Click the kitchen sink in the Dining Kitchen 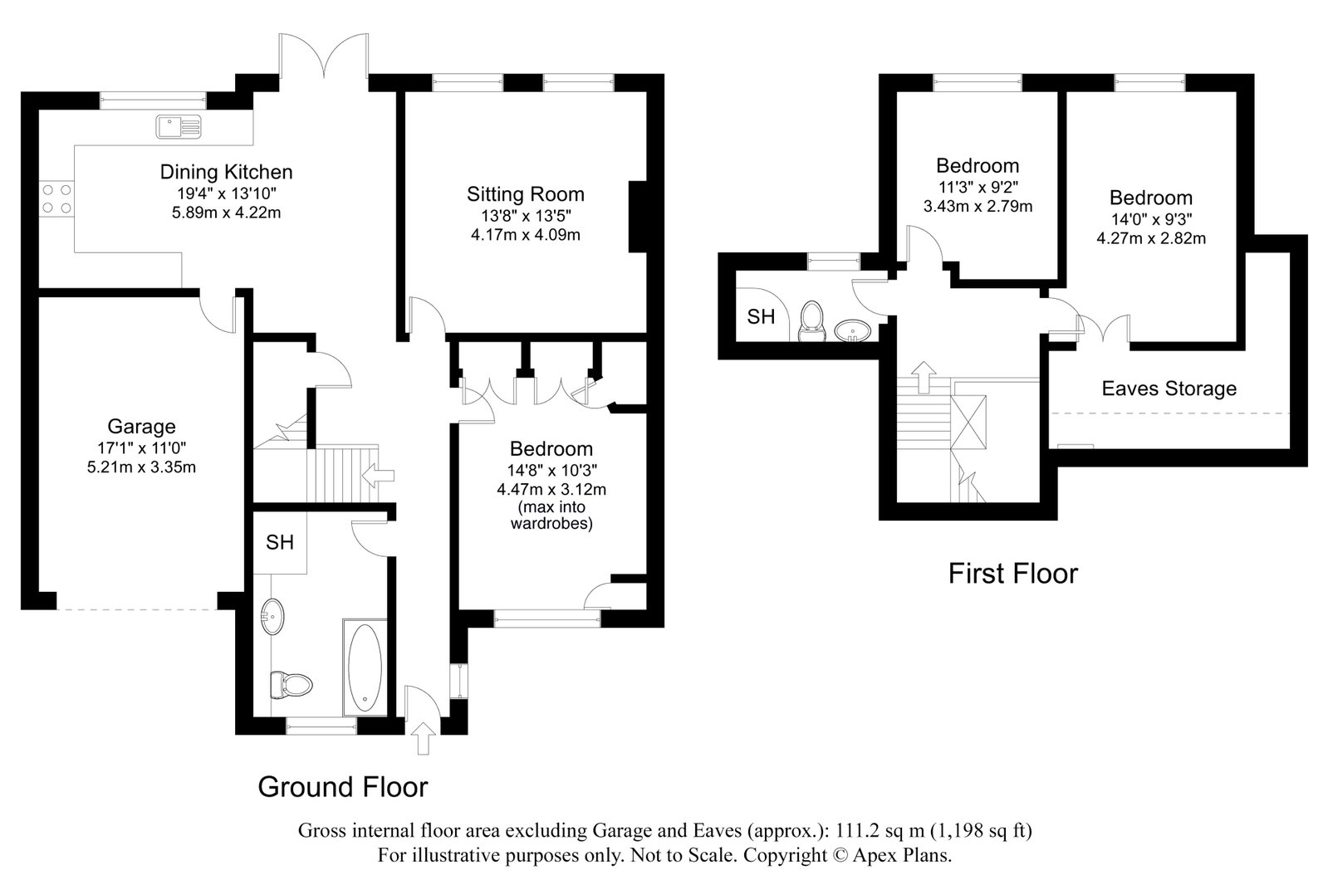pyautogui.click(x=179, y=127)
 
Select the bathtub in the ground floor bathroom pyautogui.click(x=365, y=667)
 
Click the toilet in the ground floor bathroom pyautogui.click(x=291, y=685)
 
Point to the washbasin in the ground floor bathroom pyautogui.click(x=272, y=617)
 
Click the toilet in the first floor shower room pyautogui.click(x=811, y=322)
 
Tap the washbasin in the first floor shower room pyautogui.click(x=852, y=330)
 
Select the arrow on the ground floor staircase pyautogui.click(x=378, y=476)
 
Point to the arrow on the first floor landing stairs pyautogui.click(x=923, y=378)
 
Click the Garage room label pyautogui.click(x=141, y=426)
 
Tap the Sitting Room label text pyautogui.click(x=525, y=193)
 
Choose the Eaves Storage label pyautogui.click(x=1169, y=389)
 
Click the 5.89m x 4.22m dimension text pyautogui.click(x=227, y=213)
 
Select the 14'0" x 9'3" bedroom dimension pyautogui.click(x=1151, y=219)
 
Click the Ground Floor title pyautogui.click(x=343, y=787)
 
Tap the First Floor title pyautogui.click(x=1013, y=573)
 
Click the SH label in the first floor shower pyautogui.click(x=761, y=317)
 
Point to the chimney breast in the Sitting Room pyautogui.click(x=637, y=217)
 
